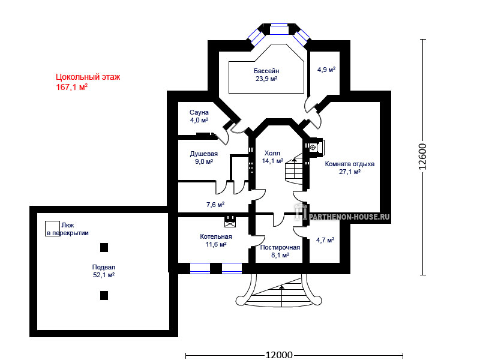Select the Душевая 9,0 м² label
[x=203, y=158]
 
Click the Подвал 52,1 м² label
[x=104, y=271]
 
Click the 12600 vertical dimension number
[x=422, y=157]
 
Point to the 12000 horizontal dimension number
[x=278, y=355]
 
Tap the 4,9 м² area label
[x=326, y=70]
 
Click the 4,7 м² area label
[x=325, y=240]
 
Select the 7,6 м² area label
[x=215, y=205]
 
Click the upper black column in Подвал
[x=104, y=247]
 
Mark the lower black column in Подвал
[x=104, y=295]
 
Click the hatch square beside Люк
[x=52, y=229]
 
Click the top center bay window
[x=279, y=29]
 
